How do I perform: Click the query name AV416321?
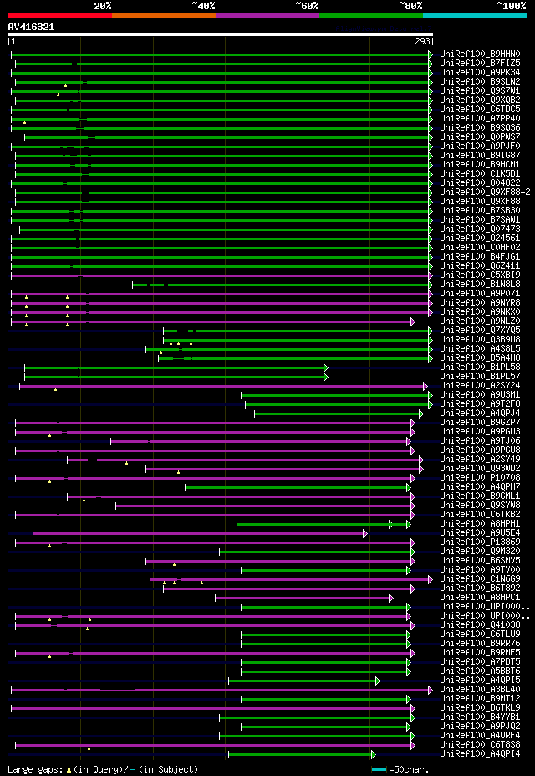[x=31, y=27]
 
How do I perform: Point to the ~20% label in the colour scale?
[x=102, y=6]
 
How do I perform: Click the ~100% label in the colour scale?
[x=511, y=6]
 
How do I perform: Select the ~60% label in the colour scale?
[x=307, y=6]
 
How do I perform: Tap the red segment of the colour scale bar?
[x=59, y=15]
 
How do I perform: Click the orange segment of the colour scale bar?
[x=163, y=15]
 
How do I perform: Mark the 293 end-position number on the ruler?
[x=423, y=41]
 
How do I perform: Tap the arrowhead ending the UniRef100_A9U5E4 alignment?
[x=365, y=533]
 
